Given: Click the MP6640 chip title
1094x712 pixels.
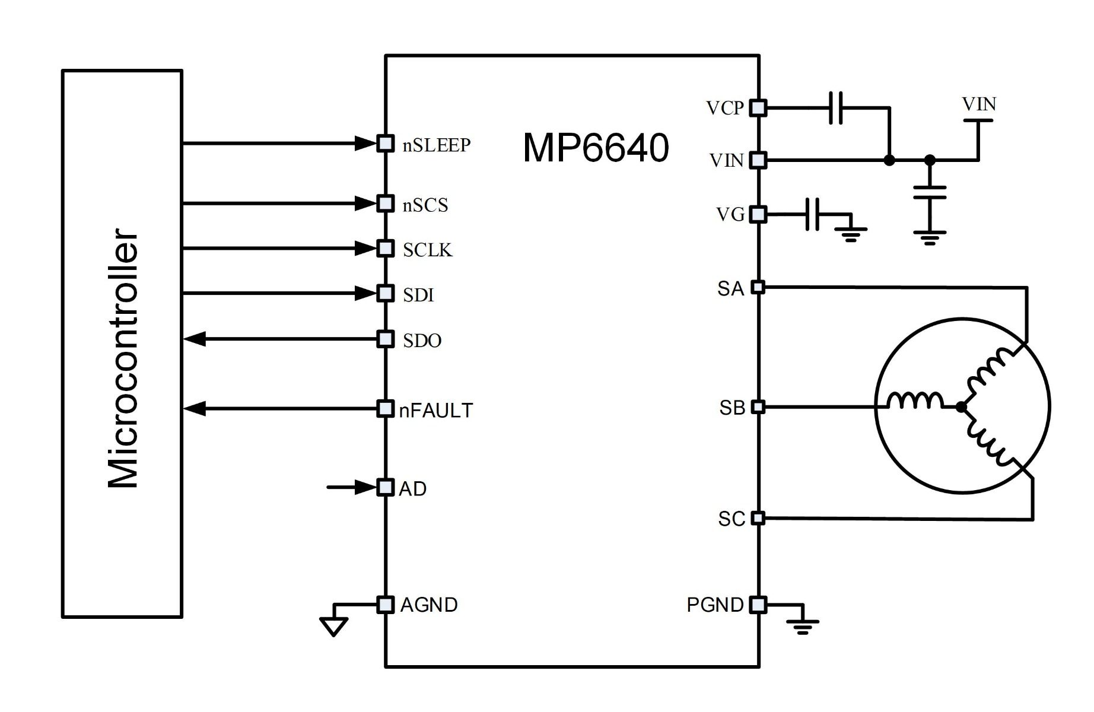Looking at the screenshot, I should (596, 148).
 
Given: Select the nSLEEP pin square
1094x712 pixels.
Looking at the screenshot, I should (386, 144).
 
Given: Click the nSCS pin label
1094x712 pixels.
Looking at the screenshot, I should (425, 205).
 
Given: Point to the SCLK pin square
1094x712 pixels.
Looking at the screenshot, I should (386, 248).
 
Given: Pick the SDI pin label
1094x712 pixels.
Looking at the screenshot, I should (418, 295).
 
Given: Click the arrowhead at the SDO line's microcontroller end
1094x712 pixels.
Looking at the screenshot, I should (195, 339).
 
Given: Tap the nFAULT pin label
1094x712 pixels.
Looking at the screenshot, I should (436, 411).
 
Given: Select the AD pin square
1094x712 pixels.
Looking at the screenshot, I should (386, 488).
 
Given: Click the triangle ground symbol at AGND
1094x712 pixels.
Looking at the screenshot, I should (333, 626).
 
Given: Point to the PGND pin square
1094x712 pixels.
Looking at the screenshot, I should (758, 605).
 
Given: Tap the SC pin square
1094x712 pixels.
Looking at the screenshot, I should (758, 518).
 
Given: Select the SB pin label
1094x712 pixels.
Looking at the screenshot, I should (732, 408).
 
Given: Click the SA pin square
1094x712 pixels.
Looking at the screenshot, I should (758, 288).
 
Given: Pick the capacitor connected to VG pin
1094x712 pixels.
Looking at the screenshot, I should (812, 214).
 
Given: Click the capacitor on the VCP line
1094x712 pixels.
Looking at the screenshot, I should (835, 108).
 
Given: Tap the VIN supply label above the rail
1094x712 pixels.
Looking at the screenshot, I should (978, 105).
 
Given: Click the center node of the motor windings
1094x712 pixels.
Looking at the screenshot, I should (961, 407).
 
